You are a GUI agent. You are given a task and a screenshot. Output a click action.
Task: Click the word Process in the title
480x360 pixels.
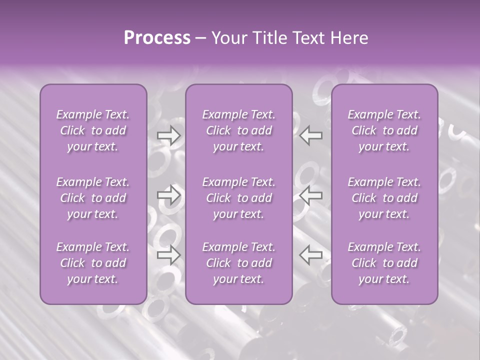pos(157,38)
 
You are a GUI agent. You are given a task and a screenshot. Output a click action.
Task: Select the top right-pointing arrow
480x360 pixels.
pos(169,135)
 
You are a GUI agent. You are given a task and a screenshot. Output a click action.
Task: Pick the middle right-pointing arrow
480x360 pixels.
pos(169,194)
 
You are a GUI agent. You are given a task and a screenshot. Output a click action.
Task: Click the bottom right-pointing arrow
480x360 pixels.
pos(169,254)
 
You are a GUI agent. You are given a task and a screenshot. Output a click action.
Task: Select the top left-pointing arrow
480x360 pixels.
pos(310,135)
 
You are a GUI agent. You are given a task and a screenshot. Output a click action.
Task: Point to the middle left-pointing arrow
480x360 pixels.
pos(310,194)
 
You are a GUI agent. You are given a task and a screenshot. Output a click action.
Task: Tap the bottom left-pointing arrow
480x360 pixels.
pos(310,254)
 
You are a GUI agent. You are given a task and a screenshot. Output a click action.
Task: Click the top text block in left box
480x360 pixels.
pos(93,130)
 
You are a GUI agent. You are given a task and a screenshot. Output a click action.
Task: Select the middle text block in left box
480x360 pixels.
pos(93,198)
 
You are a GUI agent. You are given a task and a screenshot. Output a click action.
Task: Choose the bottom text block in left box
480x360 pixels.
pos(93,263)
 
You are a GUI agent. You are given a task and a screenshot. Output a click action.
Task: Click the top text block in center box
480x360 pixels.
pos(239,130)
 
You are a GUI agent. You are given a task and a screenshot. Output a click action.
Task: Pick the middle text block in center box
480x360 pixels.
pos(239,198)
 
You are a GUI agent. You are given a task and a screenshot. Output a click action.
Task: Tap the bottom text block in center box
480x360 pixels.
pos(239,263)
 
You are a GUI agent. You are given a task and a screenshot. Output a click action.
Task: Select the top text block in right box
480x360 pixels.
pos(384,130)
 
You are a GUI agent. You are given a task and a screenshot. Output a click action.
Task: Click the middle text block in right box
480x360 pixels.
pos(384,198)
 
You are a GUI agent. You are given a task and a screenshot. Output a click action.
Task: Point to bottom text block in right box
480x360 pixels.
pos(384,263)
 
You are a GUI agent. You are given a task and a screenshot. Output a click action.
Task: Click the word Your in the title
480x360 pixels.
pos(228,38)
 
